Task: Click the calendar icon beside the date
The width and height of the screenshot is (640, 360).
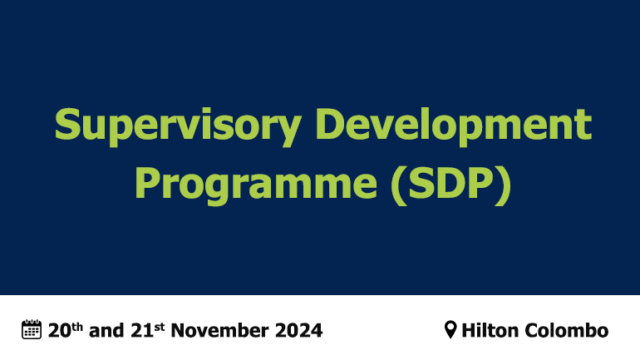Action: (x=31, y=329)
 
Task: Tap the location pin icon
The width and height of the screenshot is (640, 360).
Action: (x=450, y=330)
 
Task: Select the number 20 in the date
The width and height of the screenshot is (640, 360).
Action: (x=58, y=330)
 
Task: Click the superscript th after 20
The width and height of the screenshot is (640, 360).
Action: (x=76, y=325)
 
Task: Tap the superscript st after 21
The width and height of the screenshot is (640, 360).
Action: (x=156, y=325)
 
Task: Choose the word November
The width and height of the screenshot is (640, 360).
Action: (x=222, y=330)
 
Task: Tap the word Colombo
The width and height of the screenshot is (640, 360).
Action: (x=568, y=330)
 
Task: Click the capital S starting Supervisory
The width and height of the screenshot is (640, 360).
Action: (x=68, y=126)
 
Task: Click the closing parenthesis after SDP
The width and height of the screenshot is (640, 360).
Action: (x=501, y=183)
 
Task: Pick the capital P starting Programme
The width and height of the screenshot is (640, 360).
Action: (x=147, y=181)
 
